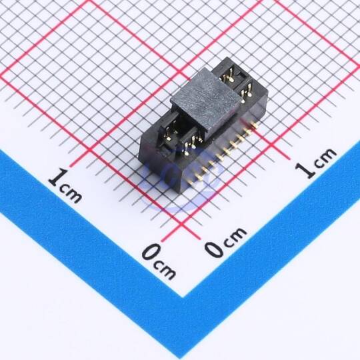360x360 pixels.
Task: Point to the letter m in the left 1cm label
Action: [74, 196]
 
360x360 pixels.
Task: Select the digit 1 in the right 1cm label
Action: [305, 170]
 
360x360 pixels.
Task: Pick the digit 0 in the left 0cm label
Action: [150, 251]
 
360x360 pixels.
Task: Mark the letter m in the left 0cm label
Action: [167, 271]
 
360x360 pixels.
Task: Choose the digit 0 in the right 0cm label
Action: [214, 249]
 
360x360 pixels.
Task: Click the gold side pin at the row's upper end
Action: [255, 125]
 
